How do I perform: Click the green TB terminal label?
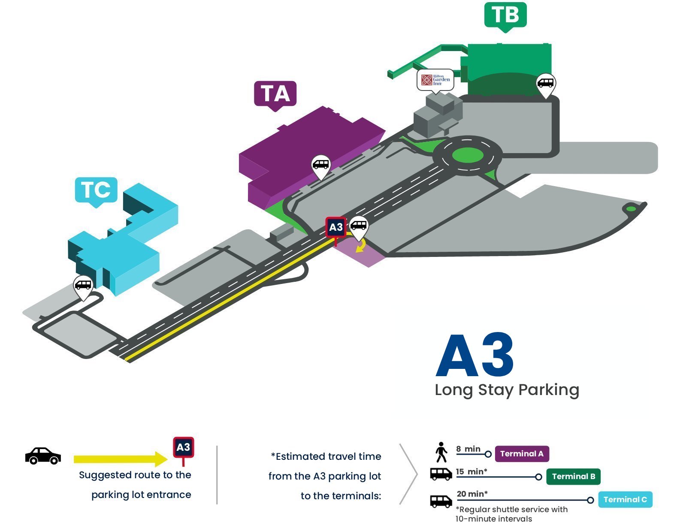(x=505, y=15)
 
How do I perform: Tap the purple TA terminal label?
(x=275, y=94)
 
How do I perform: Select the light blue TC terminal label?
(x=96, y=190)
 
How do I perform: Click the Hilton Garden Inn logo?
(x=435, y=80)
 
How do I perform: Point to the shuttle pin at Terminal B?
(x=546, y=84)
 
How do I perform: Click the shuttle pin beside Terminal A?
(x=321, y=166)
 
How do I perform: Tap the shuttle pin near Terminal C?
(x=83, y=287)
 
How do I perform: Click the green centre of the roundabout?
(x=468, y=155)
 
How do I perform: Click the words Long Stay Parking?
(x=507, y=390)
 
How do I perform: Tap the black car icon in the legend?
(x=43, y=456)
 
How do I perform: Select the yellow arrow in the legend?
(x=121, y=459)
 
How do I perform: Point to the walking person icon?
(x=441, y=452)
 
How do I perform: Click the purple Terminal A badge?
(x=522, y=454)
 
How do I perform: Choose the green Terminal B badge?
(x=573, y=477)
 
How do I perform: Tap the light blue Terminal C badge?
(x=625, y=499)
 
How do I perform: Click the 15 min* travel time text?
(x=471, y=472)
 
